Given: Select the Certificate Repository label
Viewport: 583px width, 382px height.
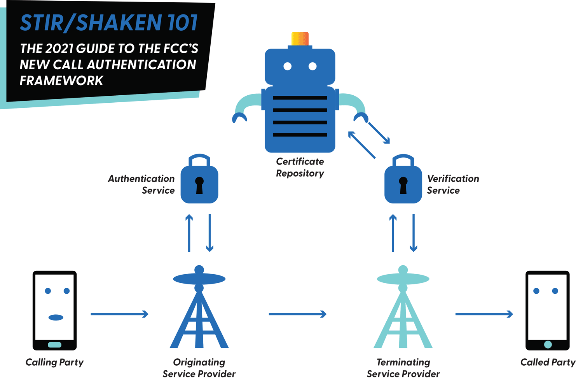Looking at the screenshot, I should [300, 167].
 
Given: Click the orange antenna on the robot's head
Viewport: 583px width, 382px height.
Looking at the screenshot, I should [300, 39].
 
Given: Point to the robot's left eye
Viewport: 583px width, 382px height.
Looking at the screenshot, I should [288, 67].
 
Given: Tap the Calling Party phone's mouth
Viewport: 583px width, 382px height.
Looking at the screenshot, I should [56, 317].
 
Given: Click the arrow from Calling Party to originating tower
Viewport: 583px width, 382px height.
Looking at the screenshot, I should [119, 314].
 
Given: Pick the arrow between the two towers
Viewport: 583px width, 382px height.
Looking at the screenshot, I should [297, 314].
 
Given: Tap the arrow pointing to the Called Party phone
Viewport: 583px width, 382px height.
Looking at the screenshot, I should [484, 314].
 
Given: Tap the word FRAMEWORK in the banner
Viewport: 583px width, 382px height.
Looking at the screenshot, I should [61, 81].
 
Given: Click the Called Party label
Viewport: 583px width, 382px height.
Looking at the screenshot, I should [548, 362].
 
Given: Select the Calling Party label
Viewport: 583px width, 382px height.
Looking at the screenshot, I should [54, 362].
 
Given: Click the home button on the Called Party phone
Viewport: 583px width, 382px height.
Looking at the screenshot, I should [548, 344].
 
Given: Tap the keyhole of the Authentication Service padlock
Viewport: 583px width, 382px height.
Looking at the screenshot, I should [199, 185].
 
